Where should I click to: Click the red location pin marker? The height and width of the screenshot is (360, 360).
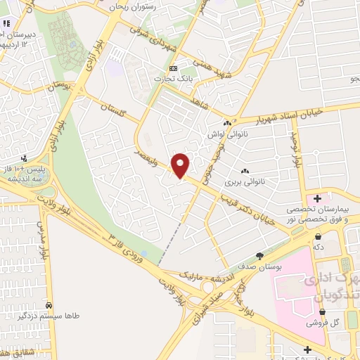(x=181, y=165)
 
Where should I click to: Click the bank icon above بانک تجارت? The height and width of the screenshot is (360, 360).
(x=174, y=67)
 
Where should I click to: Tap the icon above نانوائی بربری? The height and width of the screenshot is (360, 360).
(x=245, y=171)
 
